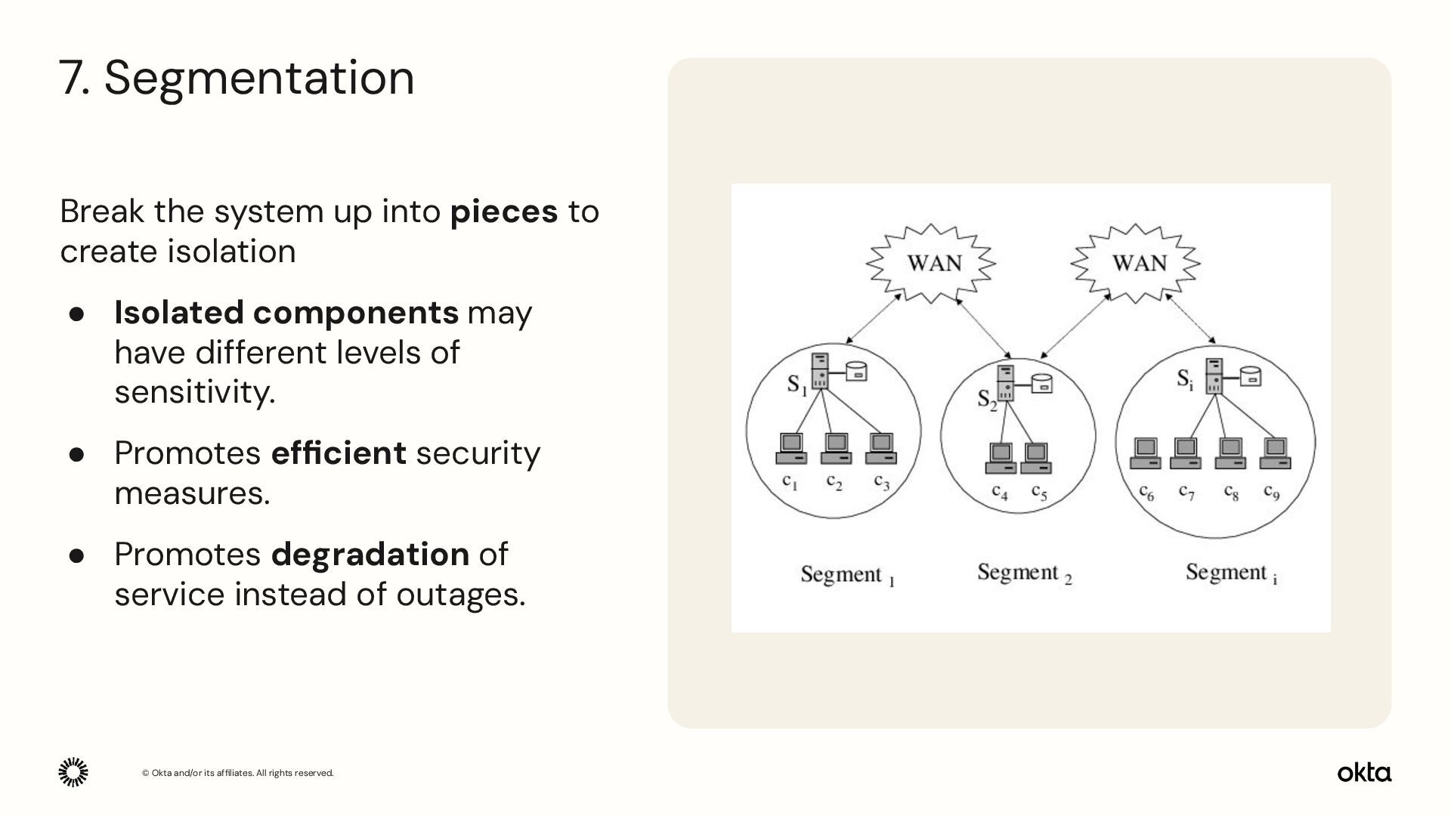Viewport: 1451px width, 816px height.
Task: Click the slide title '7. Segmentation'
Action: [237, 78]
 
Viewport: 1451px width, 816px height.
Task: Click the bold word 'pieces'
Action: [503, 211]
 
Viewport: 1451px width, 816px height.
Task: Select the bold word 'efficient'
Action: [339, 453]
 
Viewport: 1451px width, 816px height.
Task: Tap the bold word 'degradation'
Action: [370, 554]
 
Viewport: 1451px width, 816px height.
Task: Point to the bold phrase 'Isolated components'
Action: [286, 313]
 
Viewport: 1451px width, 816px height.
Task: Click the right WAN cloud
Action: [1136, 263]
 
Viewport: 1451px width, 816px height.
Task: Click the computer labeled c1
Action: [791, 448]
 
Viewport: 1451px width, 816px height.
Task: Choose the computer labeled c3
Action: [881, 448]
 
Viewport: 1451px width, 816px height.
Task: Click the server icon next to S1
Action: [820, 371]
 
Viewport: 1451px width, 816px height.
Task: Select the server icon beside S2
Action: [1006, 383]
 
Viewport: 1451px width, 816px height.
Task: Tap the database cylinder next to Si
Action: [1251, 376]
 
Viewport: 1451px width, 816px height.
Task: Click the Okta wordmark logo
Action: [1364, 773]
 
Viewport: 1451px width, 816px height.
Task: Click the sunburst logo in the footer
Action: [73, 772]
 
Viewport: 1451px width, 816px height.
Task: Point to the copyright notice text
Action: [237, 773]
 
